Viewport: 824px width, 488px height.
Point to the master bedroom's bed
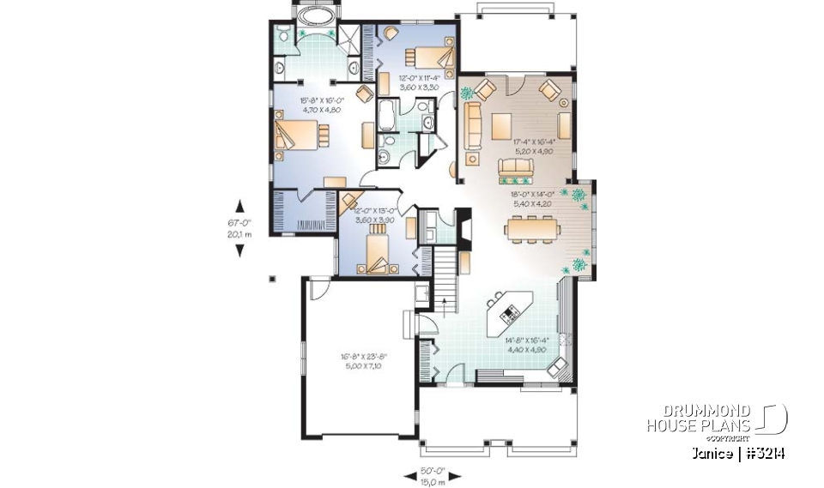point(301,136)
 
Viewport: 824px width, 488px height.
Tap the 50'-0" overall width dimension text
point(433,471)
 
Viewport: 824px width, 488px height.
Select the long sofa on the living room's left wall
point(471,122)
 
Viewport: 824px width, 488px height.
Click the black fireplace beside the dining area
point(463,227)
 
